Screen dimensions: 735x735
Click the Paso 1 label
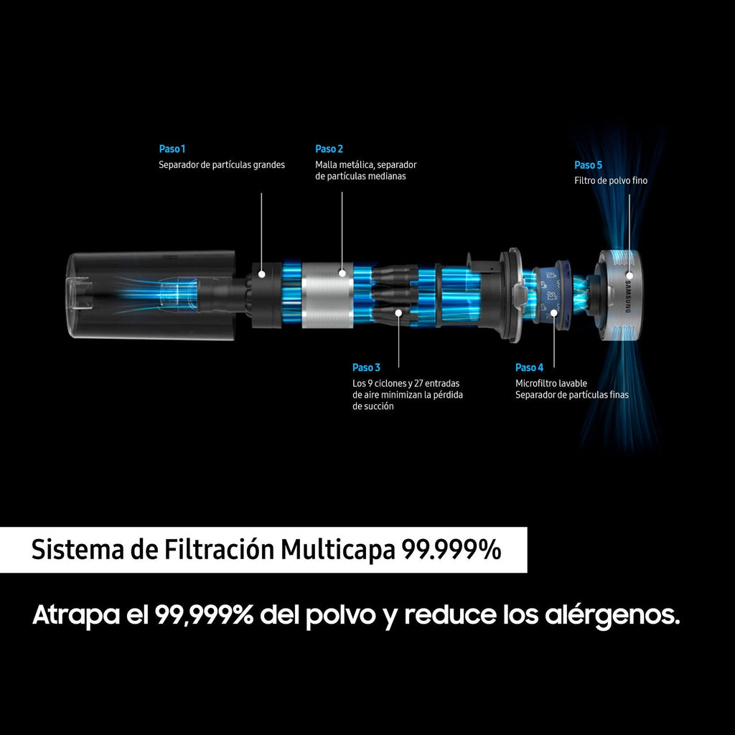(172, 149)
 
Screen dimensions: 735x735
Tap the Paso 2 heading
(329, 149)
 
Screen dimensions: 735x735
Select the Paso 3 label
(366, 368)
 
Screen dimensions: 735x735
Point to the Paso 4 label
(529, 368)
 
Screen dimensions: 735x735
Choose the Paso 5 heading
(588, 165)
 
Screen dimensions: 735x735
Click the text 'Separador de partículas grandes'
(222, 165)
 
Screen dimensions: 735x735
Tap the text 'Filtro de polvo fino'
(611, 181)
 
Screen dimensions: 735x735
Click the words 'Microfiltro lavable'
(551, 383)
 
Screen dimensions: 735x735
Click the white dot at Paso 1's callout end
(263, 273)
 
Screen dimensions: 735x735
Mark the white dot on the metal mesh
(342, 273)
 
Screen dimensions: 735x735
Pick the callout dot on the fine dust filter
(629, 275)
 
